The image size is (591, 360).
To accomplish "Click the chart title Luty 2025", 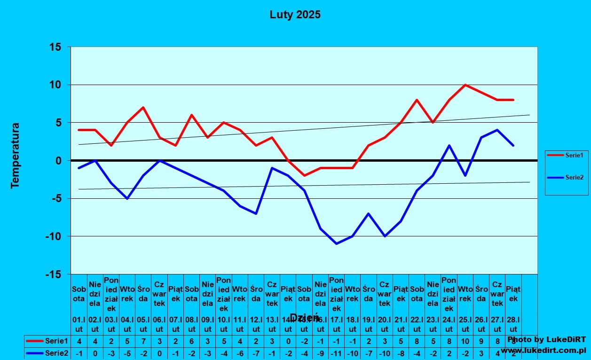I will click(295, 15).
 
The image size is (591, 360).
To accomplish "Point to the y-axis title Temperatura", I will click(16, 156).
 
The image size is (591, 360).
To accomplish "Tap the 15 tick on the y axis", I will click(55, 47).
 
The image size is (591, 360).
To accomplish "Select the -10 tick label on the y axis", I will click(53, 236).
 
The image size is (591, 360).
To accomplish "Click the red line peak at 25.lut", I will click(465, 85).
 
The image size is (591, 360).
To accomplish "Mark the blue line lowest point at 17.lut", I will click(337, 243).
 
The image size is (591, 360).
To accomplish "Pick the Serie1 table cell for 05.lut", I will click(143, 341).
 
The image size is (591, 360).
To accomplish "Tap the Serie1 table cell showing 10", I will click(465, 341).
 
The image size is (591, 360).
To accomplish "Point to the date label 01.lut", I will click(79, 324).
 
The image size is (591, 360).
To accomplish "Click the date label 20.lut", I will click(385, 324).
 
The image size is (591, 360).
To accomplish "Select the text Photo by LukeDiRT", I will click(546, 339).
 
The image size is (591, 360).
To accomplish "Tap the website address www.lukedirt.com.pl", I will click(543, 351).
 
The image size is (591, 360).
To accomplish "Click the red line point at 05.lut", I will click(143, 108).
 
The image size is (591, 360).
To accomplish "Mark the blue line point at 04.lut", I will click(127, 198).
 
